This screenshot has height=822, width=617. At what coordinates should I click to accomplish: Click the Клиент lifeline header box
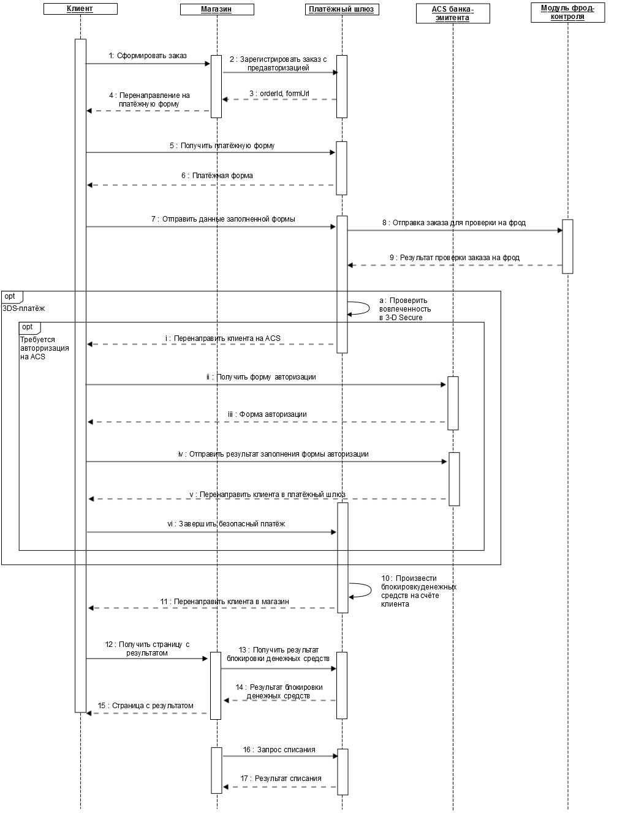click(x=80, y=9)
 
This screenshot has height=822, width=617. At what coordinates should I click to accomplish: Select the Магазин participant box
click(x=217, y=9)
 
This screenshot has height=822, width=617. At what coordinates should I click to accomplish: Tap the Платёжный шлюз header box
click(x=342, y=9)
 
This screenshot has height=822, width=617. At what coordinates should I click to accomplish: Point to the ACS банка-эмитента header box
click(x=453, y=13)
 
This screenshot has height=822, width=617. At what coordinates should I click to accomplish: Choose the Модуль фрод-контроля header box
click(x=567, y=13)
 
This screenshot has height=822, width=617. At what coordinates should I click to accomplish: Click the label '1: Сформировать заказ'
click(x=148, y=56)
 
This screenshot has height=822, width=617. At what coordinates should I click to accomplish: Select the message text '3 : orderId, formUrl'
click(x=279, y=94)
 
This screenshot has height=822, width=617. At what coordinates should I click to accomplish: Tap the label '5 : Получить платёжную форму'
click(x=222, y=146)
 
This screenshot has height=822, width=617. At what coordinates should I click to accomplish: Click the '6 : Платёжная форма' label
click(x=217, y=176)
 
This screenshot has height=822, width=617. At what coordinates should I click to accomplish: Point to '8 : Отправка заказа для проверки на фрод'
click(x=454, y=223)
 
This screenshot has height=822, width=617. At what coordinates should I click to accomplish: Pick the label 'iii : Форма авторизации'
click(x=267, y=414)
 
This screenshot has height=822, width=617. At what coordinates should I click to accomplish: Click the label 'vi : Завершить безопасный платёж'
click(x=226, y=524)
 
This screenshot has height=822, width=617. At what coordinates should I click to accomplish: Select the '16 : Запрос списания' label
click(x=279, y=750)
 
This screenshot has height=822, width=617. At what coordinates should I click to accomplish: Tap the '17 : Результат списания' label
click(x=281, y=779)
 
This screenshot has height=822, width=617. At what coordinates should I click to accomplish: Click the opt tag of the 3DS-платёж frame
click(x=12, y=297)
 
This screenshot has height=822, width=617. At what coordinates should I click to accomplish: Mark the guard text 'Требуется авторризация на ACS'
click(x=44, y=348)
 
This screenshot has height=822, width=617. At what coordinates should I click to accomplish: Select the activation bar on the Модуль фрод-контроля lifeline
click(x=567, y=247)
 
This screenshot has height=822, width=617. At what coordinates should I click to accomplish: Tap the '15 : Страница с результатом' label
click(x=145, y=706)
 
